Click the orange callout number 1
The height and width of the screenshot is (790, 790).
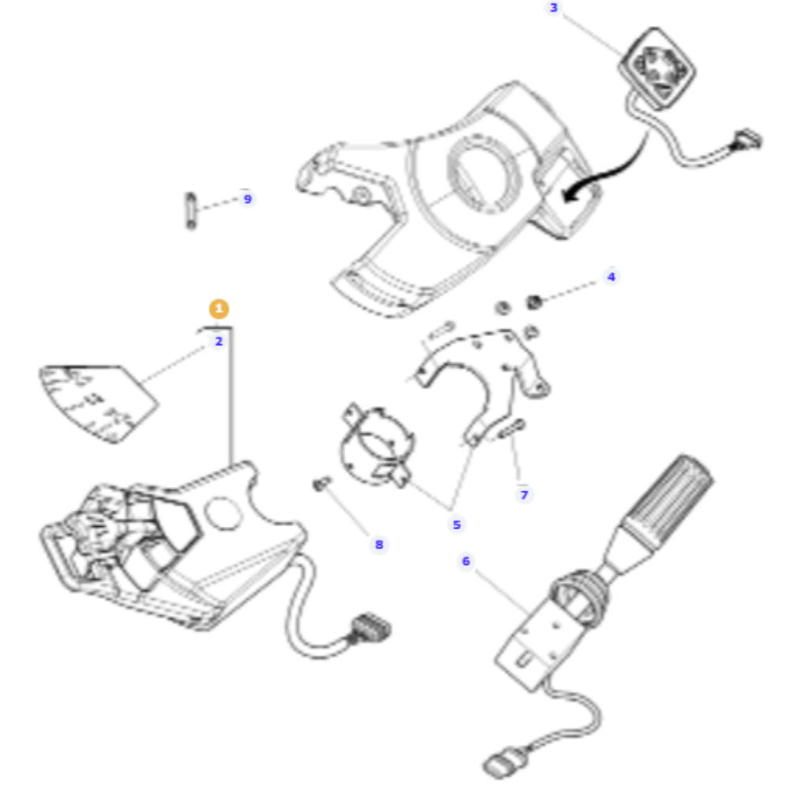pos(219,308)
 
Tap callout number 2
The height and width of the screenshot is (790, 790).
pos(219,341)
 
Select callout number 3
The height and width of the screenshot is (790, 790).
pos(554,8)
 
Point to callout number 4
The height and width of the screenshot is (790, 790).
pos(611,276)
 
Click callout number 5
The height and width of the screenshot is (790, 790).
pos(457,525)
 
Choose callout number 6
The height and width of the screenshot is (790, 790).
pos(465,561)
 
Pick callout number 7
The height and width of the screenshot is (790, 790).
pos(524,495)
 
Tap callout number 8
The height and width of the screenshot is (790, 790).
pos(379,544)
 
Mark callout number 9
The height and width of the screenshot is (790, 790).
pos(247,199)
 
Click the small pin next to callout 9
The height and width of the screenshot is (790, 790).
pos(191,211)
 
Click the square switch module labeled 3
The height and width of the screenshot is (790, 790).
pos(657,69)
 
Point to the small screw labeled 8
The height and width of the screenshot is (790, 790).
pos(321,484)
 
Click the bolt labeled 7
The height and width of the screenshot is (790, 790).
pos(511,429)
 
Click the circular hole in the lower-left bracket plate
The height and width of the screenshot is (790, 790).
pos(223,513)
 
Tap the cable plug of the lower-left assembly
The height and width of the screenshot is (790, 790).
pos(371,628)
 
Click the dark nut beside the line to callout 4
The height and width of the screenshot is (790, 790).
pos(533,302)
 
